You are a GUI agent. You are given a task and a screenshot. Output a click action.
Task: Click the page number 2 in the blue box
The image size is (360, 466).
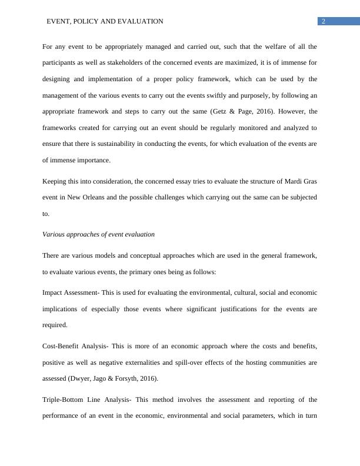point(324,21)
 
